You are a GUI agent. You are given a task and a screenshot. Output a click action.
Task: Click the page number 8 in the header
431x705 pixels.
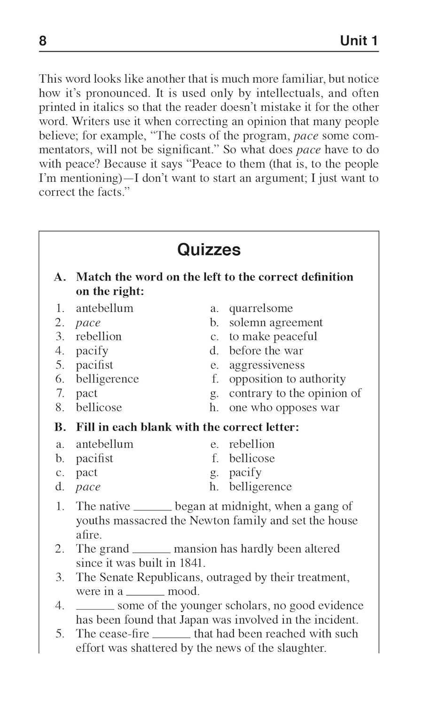point(43,41)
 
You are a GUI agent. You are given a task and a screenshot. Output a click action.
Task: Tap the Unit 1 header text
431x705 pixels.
point(359,41)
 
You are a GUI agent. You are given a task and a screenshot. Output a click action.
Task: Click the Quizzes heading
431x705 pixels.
point(209,250)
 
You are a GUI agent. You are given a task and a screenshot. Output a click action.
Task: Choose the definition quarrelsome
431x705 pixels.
point(260,308)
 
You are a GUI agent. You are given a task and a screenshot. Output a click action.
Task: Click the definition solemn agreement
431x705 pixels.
point(275,322)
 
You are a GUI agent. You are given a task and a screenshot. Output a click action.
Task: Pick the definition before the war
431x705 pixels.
point(266,351)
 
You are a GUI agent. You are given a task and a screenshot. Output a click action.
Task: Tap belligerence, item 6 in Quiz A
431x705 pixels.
point(107,379)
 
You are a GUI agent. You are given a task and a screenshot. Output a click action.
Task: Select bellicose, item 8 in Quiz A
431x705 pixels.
point(99,407)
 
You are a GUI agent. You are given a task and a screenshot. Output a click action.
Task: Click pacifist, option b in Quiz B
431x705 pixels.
point(94,458)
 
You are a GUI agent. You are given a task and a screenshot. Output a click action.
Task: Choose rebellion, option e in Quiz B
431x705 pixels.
point(251,444)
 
